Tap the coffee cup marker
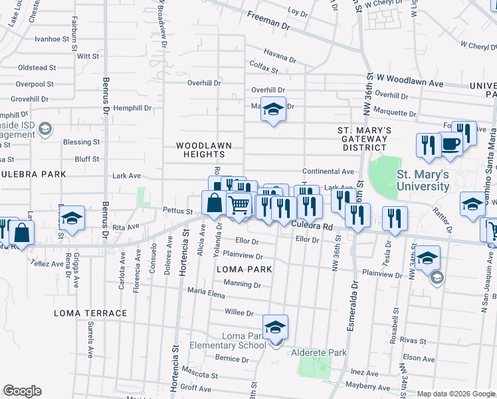pos(450,144)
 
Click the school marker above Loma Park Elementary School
pos(274,328)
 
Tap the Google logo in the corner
pos(23,391)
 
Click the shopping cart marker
pos(239,205)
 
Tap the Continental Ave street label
pos(328,171)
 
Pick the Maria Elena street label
pos(205,291)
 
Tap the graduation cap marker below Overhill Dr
pos(272,110)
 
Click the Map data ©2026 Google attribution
pos(456,394)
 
